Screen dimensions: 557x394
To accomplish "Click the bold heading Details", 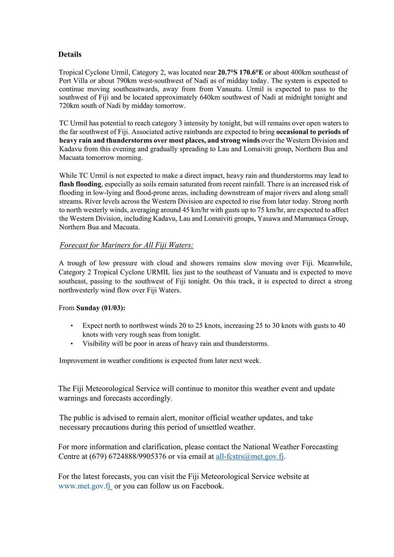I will [70, 55].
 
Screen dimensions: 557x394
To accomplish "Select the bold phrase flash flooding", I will [79, 184].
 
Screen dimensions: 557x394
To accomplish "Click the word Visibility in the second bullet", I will [98, 343].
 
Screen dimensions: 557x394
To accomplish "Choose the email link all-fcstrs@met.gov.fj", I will [250, 457].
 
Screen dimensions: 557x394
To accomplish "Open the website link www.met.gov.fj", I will [85, 486].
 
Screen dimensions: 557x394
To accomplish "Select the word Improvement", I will [80, 361].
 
